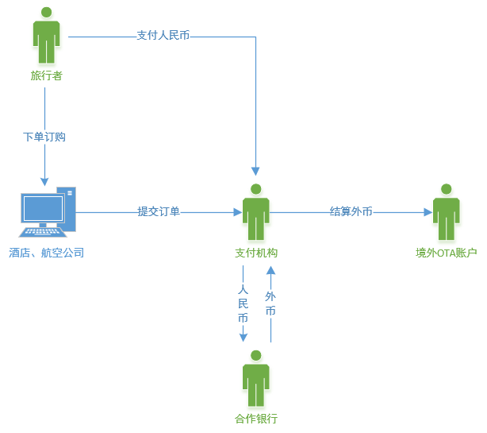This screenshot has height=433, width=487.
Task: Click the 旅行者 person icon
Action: (47, 35)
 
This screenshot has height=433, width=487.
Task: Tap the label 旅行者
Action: (47, 75)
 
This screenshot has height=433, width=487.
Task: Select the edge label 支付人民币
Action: (163, 36)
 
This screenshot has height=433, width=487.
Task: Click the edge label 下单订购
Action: (44, 137)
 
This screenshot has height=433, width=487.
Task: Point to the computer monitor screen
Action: (44, 208)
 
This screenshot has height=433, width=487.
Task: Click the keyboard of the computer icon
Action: (43, 232)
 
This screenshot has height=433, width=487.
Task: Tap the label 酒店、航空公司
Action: (47, 253)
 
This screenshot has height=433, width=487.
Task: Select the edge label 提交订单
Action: (159, 211)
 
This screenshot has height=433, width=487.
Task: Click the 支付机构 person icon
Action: (256, 212)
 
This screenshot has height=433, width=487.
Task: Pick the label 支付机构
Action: (256, 253)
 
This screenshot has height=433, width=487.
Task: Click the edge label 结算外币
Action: (351, 211)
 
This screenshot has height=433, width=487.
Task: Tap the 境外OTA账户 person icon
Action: (447, 212)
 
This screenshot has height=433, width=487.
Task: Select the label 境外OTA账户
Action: (447, 253)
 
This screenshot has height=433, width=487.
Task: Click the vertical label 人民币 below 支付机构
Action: (243, 303)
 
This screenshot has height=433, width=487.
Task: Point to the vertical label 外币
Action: (270, 303)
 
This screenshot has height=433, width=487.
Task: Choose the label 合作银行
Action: (256, 419)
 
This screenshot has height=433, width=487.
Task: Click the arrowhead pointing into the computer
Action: (44, 182)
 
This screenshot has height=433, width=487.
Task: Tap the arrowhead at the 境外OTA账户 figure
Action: (428, 212)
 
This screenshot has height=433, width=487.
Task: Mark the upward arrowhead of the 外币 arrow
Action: (270, 270)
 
